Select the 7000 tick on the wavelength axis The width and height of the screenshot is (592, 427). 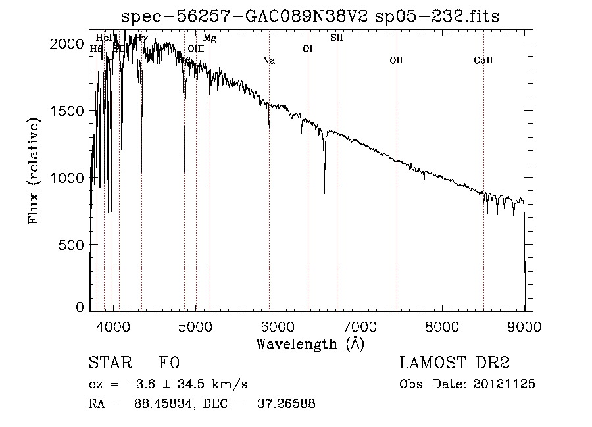pyautogui.click(x=360, y=325)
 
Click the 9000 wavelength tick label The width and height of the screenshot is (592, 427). pyautogui.click(x=524, y=325)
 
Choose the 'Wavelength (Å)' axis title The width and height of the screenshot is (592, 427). pyautogui.click(x=310, y=343)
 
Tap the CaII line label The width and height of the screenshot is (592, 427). pyautogui.click(x=483, y=61)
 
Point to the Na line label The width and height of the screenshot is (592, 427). pyautogui.click(x=268, y=61)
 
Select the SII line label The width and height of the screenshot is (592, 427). pyautogui.click(x=336, y=38)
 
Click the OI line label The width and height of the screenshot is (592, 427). pyautogui.click(x=307, y=49)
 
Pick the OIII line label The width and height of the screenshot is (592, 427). pyautogui.click(x=196, y=49)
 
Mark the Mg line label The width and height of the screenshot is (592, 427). pyautogui.click(x=209, y=38)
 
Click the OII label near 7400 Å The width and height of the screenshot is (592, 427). pyautogui.click(x=396, y=61)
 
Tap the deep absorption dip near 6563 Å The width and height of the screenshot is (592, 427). pyautogui.click(x=324, y=189)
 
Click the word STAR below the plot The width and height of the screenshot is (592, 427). pyautogui.click(x=110, y=363)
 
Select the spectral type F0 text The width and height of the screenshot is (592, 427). pyautogui.click(x=168, y=363)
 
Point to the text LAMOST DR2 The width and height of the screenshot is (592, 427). pyautogui.click(x=455, y=363)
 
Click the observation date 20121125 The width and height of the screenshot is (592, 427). pyautogui.click(x=503, y=384)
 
